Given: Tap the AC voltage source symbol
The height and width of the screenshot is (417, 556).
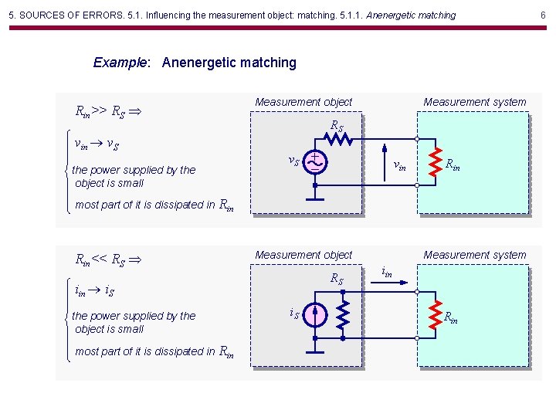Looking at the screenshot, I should (x=315, y=162).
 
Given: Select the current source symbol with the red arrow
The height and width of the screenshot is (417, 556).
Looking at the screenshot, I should (x=315, y=315).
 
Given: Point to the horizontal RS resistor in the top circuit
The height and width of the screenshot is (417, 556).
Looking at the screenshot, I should (x=337, y=140).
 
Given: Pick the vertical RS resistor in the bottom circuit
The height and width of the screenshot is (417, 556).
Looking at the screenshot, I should (x=342, y=314).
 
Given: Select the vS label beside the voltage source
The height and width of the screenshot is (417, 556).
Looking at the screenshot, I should (x=293, y=161).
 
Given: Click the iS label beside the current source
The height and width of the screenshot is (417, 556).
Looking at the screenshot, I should (x=294, y=313).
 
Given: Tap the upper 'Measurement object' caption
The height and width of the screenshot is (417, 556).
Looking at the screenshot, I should (x=303, y=102).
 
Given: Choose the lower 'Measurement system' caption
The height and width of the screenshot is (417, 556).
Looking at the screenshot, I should (x=474, y=255).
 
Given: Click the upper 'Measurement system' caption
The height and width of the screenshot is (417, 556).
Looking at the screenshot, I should (x=474, y=102).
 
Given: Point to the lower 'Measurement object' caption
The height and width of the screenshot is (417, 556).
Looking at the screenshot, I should (x=303, y=255).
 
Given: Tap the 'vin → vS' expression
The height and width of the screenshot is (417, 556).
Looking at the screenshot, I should (x=96, y=144).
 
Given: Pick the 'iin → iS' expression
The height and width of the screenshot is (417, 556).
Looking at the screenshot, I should (x=95, y=291).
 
